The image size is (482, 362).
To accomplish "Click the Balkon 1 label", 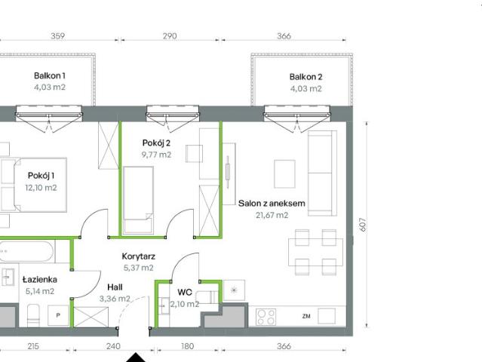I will pos(50,76).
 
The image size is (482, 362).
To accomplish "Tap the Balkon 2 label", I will pos(305,77).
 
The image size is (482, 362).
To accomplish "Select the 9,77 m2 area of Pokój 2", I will pos(157,155).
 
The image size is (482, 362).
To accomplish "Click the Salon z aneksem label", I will pos(272,203).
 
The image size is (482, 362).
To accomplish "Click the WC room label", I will pos(185,292).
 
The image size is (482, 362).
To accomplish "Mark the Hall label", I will pos(115,287).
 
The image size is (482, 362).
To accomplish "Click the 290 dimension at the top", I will pos(170,35).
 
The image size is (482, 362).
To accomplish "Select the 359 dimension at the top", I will pos(57,35).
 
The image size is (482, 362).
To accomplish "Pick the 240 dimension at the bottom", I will pos(113,346).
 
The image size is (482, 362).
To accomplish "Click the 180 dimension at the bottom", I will pos(187,346).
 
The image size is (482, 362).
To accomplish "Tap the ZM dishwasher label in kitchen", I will pos(306,315).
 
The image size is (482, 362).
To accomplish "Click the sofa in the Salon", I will pos(322,172).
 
